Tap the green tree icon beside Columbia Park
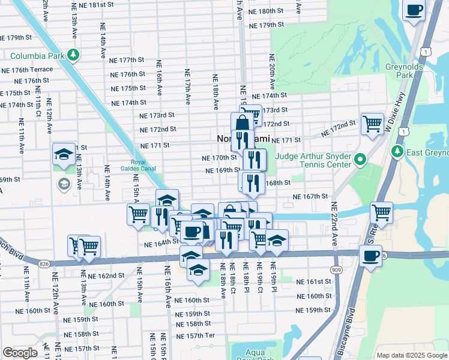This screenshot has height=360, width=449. coord(73,56)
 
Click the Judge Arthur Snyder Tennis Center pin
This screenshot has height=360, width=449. coord(360,160)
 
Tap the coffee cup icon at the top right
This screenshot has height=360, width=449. coord(414,10)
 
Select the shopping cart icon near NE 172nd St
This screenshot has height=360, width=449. coord(372,124)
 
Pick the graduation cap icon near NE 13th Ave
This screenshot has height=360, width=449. coord(64,155)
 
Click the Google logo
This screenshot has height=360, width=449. coord(20,353)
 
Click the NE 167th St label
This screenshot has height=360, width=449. coord(310,196)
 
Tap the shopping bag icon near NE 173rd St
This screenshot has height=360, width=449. coord(241,125)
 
